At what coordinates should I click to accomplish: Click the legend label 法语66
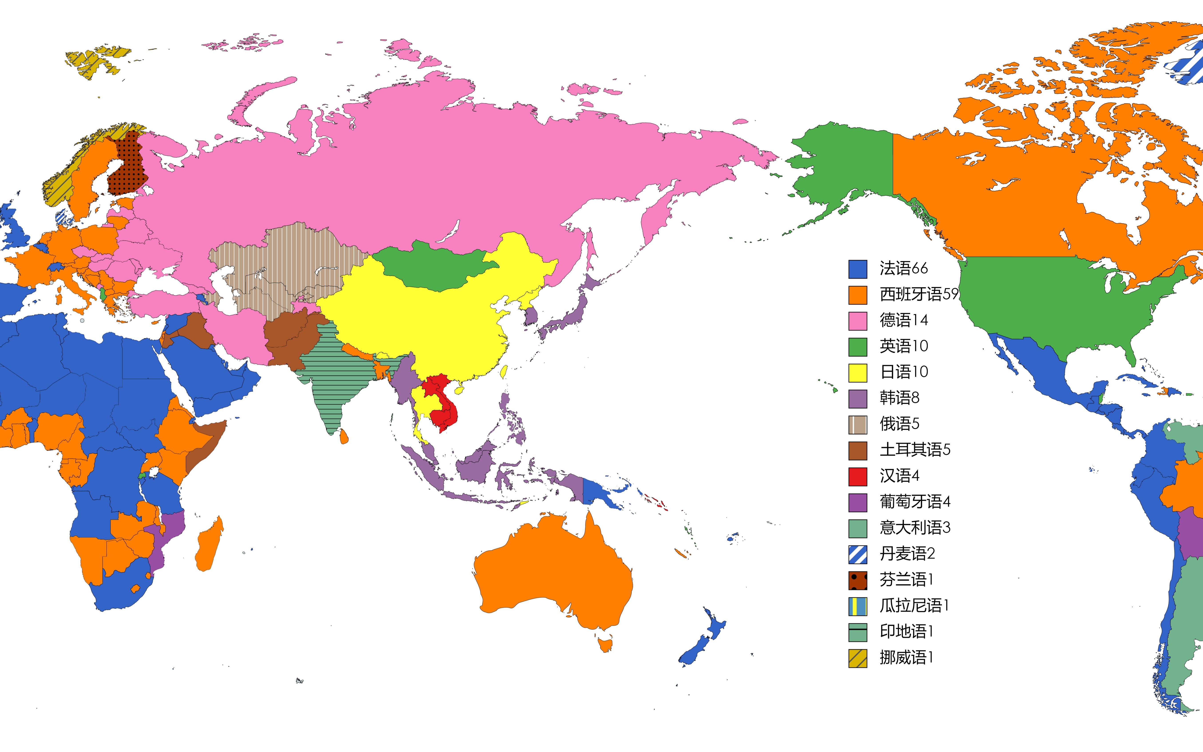tap(903, 268)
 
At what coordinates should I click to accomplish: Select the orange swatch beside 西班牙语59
tap(857, 295)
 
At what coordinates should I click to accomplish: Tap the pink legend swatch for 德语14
tap(857, 321)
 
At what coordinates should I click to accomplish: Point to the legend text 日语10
tap(903, 372)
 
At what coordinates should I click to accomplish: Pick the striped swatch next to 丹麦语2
tap(857, 554)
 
